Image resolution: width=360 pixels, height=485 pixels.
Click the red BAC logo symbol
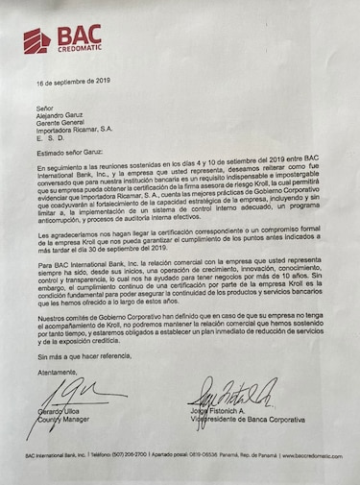[37, 39]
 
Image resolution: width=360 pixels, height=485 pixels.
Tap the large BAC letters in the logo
[78, 36]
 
